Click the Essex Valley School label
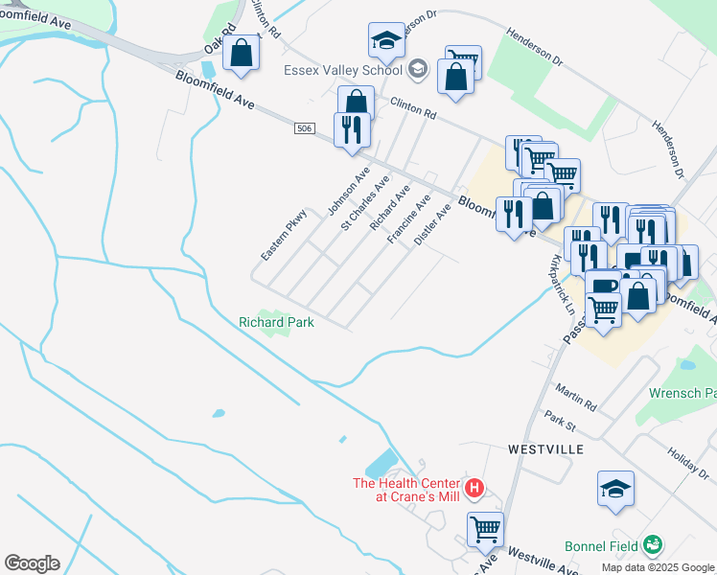(341, 70)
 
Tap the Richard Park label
(276, 322)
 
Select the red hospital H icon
(474, 491)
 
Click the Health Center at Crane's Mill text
(407, 490)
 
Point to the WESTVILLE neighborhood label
(545, 448)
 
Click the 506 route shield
(304, 127)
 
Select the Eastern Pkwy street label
(283, 235)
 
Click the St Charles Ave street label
(365, 202)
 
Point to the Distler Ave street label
(431, 224)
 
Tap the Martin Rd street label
(575, 394)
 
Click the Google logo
(32, 563)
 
